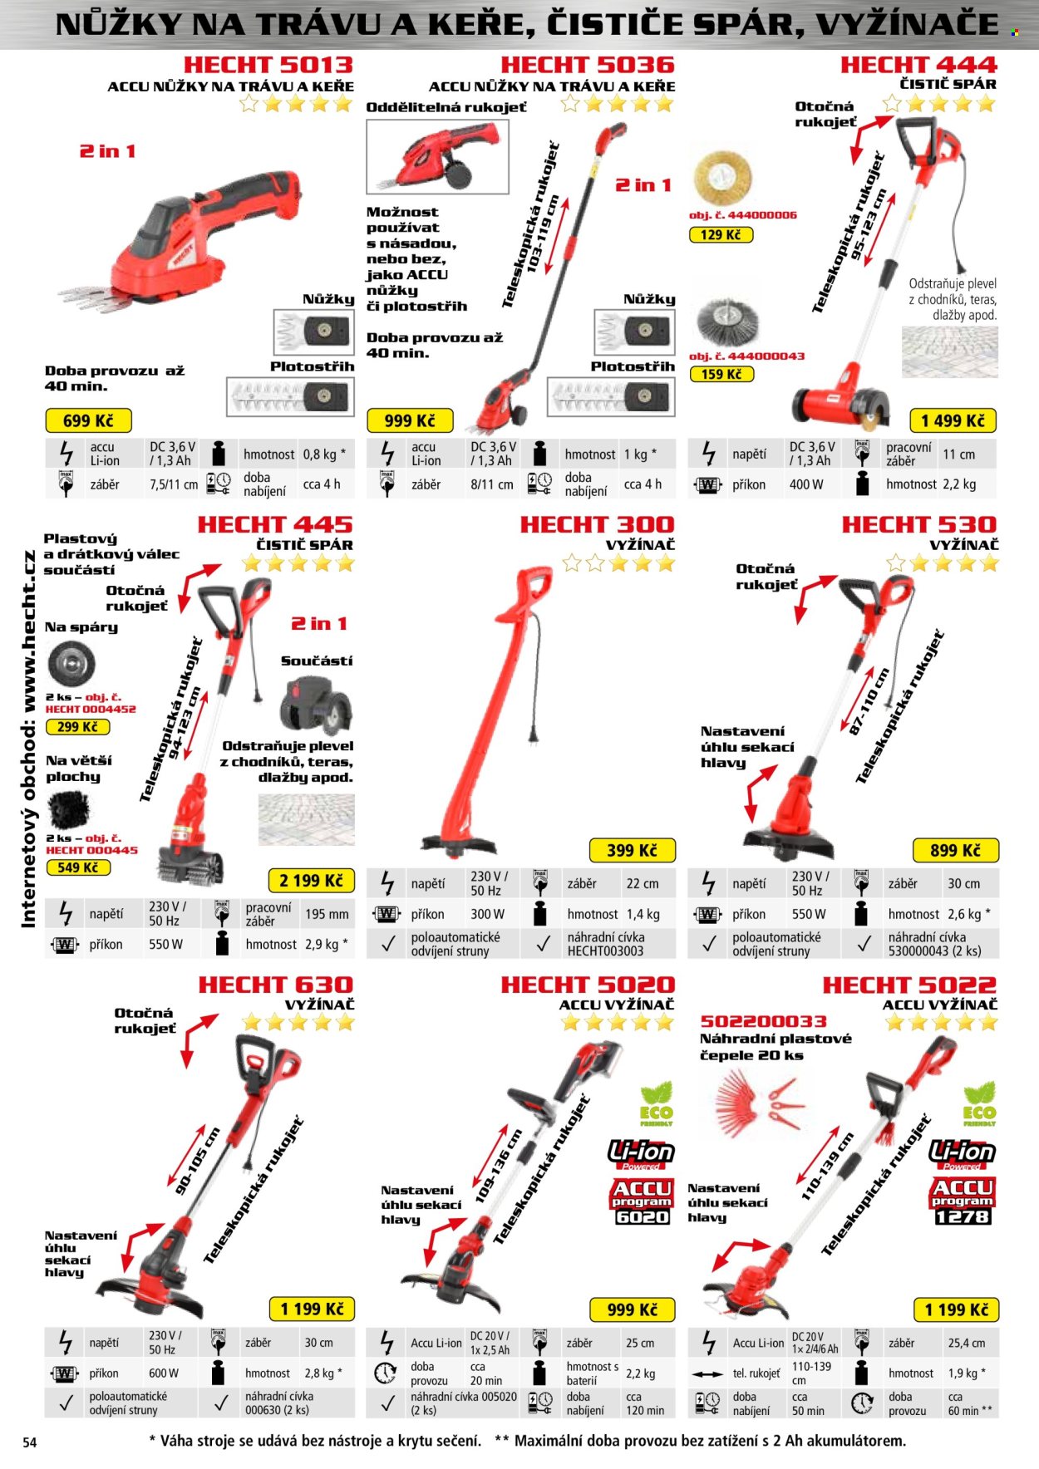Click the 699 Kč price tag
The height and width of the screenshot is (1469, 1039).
(x=87, y=420)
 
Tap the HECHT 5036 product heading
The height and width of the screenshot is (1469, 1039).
(x=587, y=65)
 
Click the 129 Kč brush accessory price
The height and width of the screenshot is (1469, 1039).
(x=721, y=235)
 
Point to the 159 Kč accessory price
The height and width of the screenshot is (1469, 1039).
(x=721, y=374)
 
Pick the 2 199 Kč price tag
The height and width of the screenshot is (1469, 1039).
(x=311, y=881)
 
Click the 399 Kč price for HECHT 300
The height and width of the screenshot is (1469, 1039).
(x=632, y=851)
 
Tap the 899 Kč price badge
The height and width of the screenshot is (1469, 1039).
(x=955, y=851)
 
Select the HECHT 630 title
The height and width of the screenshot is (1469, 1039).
(x=276, y=985)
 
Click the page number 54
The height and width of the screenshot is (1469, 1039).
(x=29, y=1442)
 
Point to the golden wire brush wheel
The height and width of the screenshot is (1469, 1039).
(x=721, y=176)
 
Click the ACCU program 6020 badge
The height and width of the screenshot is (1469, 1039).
(x=642, y=1202)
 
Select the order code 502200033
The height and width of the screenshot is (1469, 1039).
(x=763, y=1021)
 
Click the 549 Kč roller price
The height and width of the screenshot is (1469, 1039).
(x=78, y=867)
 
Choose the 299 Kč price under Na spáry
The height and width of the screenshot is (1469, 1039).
(x=78, y=727)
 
